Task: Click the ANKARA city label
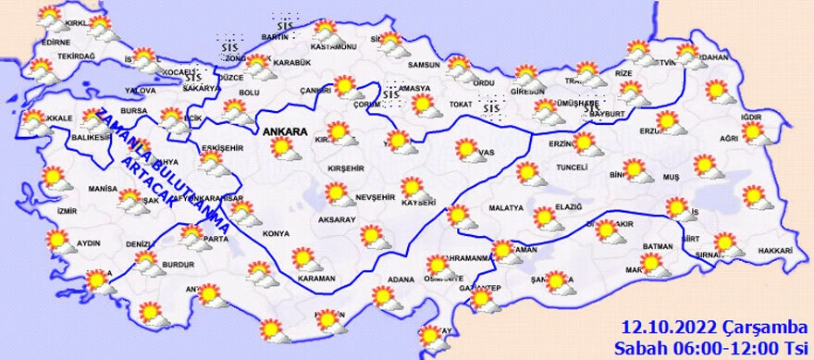point(285,132)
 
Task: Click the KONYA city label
point(275,232)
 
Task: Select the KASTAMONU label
point(333,46)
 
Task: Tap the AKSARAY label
point(336,220)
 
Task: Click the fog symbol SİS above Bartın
point(285,24)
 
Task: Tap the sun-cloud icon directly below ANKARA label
point(281,149)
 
